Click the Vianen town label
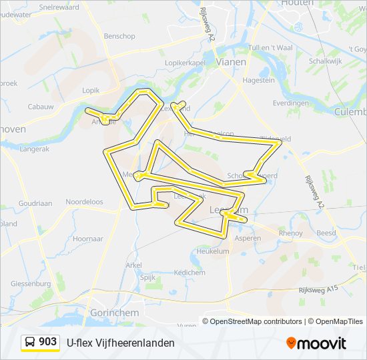[232, 61]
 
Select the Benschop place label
[119, 36]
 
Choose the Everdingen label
[290, 103]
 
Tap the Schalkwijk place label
[326, 60]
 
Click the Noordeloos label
[84, 201]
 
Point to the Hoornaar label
[87, 238]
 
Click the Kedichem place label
[189, 273]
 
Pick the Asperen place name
[248, 238]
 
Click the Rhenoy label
[291, 233]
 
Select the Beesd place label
[326, 233]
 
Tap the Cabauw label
[41, 107]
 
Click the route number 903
[47, 342]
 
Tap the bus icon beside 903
[30, 342]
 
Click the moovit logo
[316, 343]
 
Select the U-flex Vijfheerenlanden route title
[120, 343]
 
